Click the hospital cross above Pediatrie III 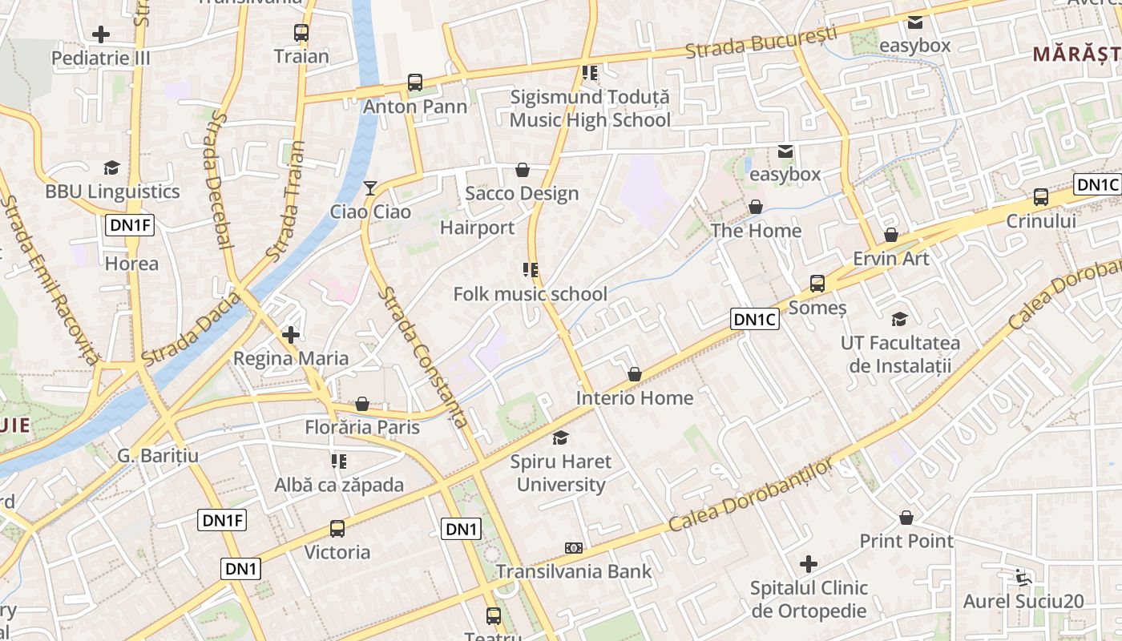click(101, 34)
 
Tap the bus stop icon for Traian click(301, 33)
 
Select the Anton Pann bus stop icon click(414, 83)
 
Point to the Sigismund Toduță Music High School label click(591, 109)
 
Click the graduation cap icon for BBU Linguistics click(111, 167)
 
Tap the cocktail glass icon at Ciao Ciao click(369, 188)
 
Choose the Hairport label click(478, 228)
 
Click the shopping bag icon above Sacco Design click(523, 170)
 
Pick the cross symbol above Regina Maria click(291, 335)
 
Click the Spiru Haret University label click(561, 473)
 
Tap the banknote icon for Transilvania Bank click(574, 548)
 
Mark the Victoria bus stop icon click(337, 529)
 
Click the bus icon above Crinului click(1040, 197)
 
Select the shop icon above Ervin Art click(891, 235)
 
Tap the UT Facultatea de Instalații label click(900, 354)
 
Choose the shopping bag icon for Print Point click(906, 518)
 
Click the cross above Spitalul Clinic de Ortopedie click(809, 564)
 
